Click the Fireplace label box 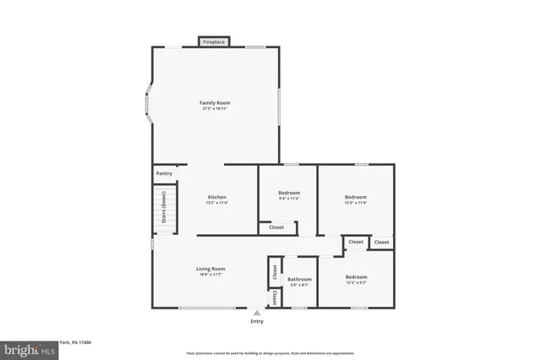(x=213, y=41)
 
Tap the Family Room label (x=216, y=102)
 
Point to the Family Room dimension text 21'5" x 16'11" (x=216, y=109)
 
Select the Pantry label (x=164, y=173)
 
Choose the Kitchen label (x=216, y=196)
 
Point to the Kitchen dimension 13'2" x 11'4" (x=216, y=203)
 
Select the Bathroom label (x=299, y=279)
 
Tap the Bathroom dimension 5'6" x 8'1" (x=299, y=286)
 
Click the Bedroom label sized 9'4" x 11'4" (x=289, y=193)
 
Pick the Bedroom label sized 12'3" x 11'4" (x=355, y=196)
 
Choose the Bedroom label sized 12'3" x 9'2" (x=356, y=277)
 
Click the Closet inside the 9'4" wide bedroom (x=276, y=227)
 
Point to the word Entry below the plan (x=257, y=321)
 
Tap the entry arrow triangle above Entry (x=257, y=313)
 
